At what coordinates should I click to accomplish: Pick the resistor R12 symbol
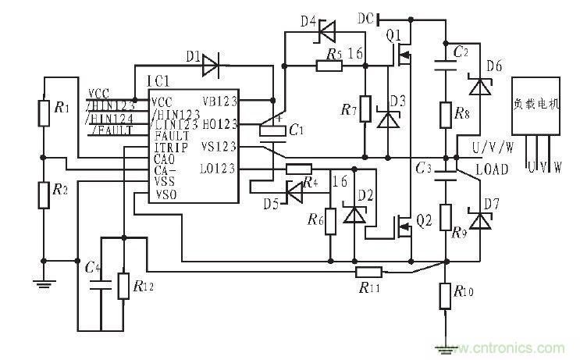pos(123,286)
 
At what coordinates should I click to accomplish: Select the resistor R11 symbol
pos(368,272)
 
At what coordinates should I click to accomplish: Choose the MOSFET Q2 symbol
pos(403,226)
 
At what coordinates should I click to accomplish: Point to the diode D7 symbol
pos(478,223)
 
